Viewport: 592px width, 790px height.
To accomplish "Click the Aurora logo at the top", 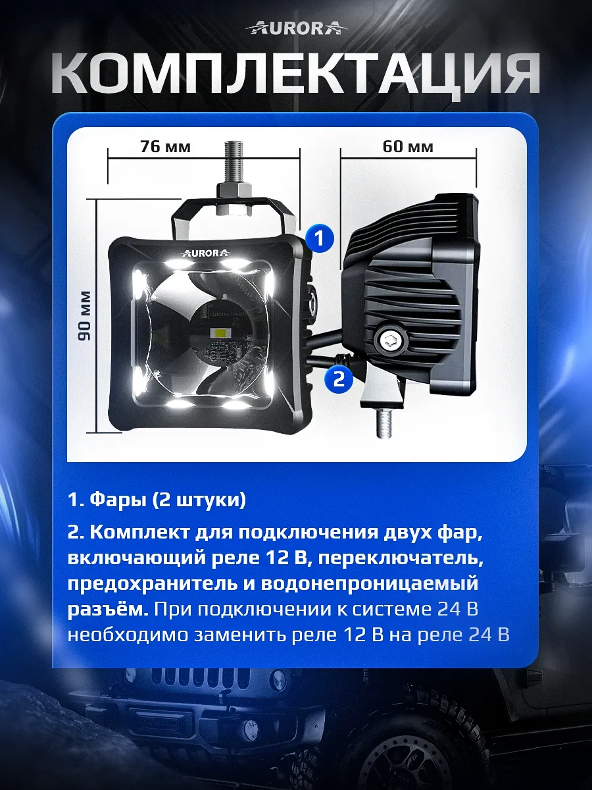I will pyautogui.click(x=296, y=27).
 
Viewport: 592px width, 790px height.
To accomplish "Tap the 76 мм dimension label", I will pyautogui.click(x=165, y=147).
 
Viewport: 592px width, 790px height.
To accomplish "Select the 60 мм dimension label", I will pyautogui.click(x=408, y=146).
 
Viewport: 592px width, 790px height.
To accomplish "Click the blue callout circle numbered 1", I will pyautogui.click(x=319, y=238).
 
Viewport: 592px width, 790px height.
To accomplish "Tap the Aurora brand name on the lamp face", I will pyautogui.click(x=202, y=252).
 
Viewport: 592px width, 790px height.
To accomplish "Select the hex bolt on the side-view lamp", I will pyautogui.click(x=387, y=340).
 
